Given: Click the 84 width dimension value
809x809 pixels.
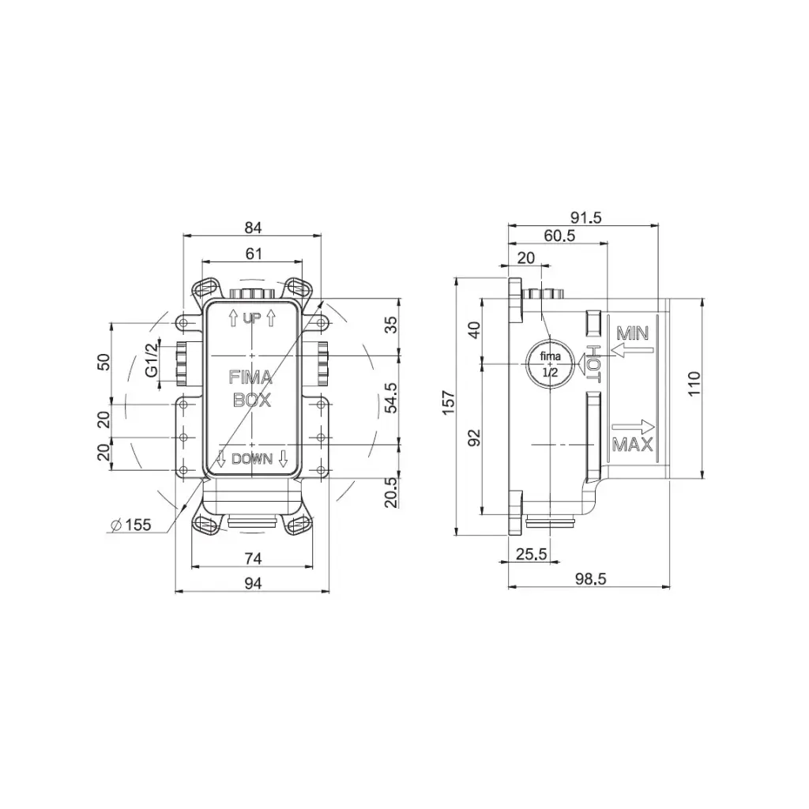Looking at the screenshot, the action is click(x=254, y=227).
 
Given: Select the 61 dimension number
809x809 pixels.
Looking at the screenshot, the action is click(x=254, y=254).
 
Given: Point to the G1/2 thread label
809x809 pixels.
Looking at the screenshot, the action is click(x=152, y=359).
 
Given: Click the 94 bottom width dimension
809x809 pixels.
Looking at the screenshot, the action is click(x=253, y=583).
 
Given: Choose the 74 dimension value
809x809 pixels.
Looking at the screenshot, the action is click(x=253, y=559).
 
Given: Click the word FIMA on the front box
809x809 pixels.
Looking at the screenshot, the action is click(x=250, y=378).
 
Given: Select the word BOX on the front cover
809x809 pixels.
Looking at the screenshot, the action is click(x=252, y=399).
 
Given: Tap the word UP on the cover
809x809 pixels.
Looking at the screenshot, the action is click(x=252, y=318).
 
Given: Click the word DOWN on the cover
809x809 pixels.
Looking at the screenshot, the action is click(x=252, y=459).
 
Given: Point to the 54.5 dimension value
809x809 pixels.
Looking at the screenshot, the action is click(x=392, y=397).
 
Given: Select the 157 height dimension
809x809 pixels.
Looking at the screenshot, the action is click(x=449, y=402).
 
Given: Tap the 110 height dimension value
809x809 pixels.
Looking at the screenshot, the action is click(x=694, y=383).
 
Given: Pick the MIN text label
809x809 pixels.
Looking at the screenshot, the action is click(x=633, y=334).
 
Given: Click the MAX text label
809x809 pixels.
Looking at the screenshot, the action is click(x=633, y=444).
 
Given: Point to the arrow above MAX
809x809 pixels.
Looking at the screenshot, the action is click(x=633, y=426).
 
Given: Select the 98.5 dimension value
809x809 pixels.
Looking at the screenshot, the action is click(x=591, y=579).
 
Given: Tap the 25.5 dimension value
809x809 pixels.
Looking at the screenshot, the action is click(x=532, y=554).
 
